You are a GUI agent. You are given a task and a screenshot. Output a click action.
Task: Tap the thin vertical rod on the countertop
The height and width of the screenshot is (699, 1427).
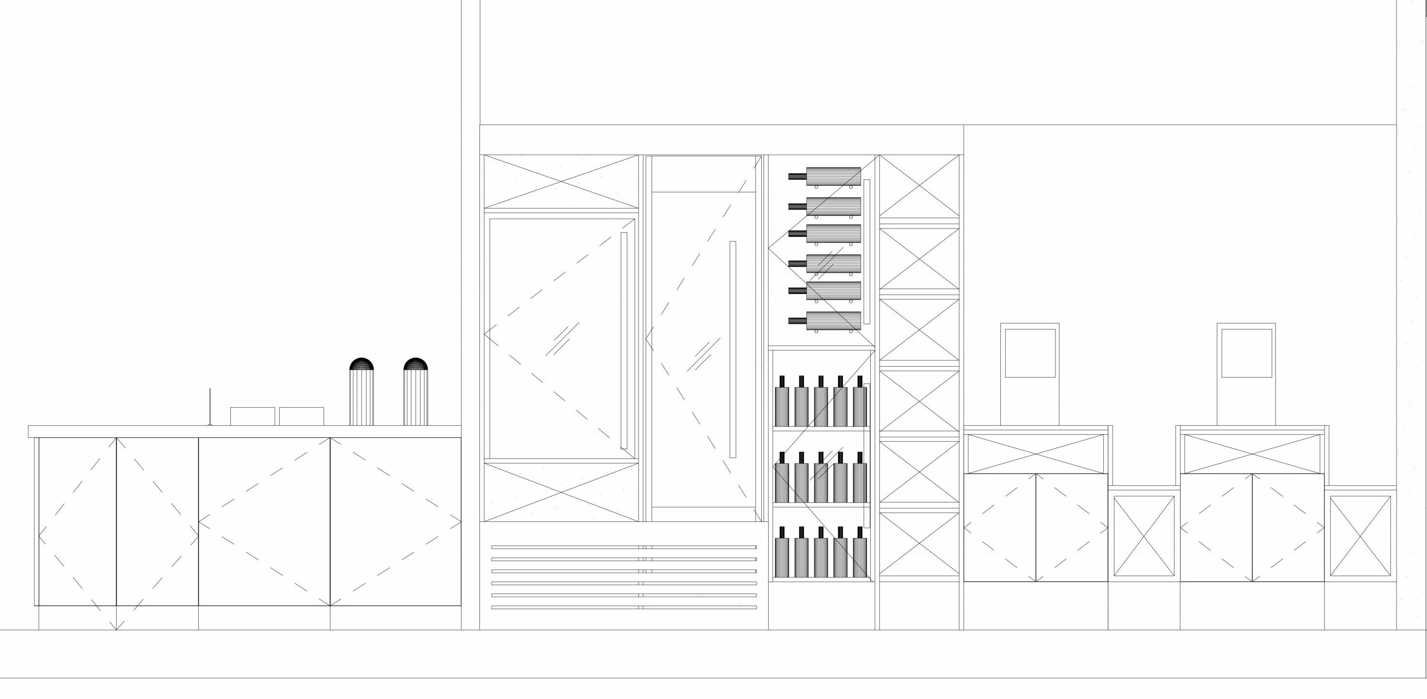[x=210, y=407]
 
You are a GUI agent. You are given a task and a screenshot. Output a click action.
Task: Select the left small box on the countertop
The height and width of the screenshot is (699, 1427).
[x=253, y=416]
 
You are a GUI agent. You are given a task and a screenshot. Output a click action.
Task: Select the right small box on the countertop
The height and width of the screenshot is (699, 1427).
[x=301, y=416]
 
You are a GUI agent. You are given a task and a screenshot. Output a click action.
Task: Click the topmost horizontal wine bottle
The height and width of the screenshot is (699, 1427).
[x=825, y=177]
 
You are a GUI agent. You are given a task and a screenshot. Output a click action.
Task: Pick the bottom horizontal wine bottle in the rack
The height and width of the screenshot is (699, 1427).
[x=825, y=321]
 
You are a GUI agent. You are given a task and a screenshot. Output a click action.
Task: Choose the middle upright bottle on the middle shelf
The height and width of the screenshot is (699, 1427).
[x=820, y=478]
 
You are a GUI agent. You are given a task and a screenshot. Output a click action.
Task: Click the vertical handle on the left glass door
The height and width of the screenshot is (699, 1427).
[x=624, y=340]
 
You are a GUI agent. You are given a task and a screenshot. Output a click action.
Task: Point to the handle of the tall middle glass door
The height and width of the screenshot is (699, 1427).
[x=733, y=349]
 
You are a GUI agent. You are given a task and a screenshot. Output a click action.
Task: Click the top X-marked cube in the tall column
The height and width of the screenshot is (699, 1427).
[x=919, y=186]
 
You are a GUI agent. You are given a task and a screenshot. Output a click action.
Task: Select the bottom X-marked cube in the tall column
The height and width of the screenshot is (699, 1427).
[x=919, y=542]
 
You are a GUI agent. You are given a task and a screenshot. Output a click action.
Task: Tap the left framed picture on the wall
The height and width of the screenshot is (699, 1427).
[x=1029, y=374]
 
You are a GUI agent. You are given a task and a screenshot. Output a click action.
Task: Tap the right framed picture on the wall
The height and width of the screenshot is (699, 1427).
[x=1247, y=374]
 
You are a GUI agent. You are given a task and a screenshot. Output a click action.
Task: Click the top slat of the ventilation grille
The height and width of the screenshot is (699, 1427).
[x=623, y=547]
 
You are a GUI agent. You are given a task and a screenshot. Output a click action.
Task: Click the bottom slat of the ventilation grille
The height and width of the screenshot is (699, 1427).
[x=623, y=607]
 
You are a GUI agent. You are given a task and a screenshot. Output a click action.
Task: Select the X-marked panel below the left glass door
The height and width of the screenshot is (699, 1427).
[x=561, y=492]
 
